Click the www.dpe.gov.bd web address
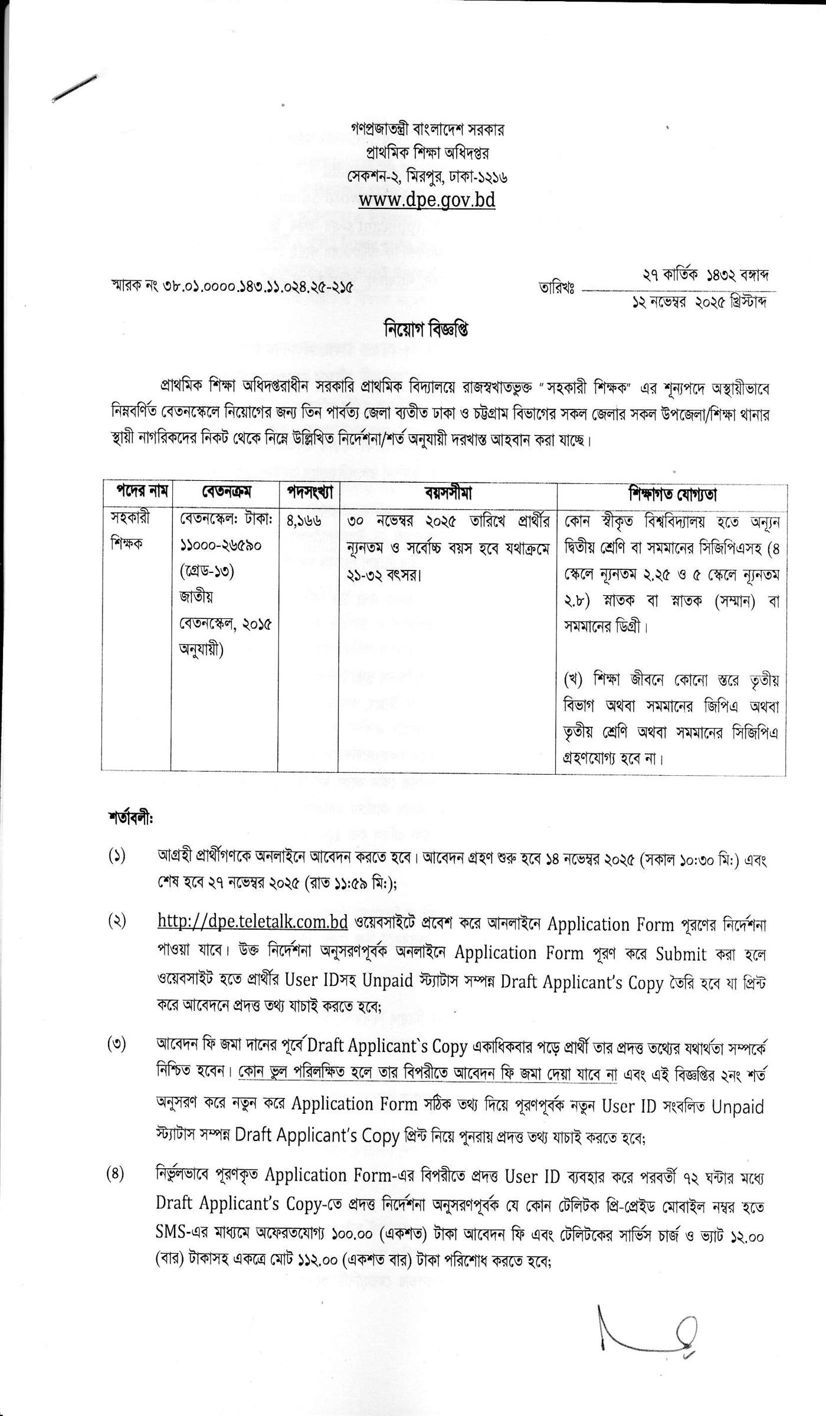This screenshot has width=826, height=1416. (427, 200)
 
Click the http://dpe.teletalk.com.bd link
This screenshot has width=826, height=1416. (253, 921)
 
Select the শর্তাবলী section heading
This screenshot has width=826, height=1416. (130, 818)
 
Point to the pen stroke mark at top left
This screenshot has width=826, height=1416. (74, 89)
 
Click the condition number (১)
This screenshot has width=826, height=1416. (117, 856)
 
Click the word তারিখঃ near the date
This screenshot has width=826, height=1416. (557, 289)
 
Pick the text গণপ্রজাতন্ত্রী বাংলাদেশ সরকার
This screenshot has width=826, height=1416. (427, 129)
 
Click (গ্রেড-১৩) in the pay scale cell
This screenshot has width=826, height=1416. (207, 571)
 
